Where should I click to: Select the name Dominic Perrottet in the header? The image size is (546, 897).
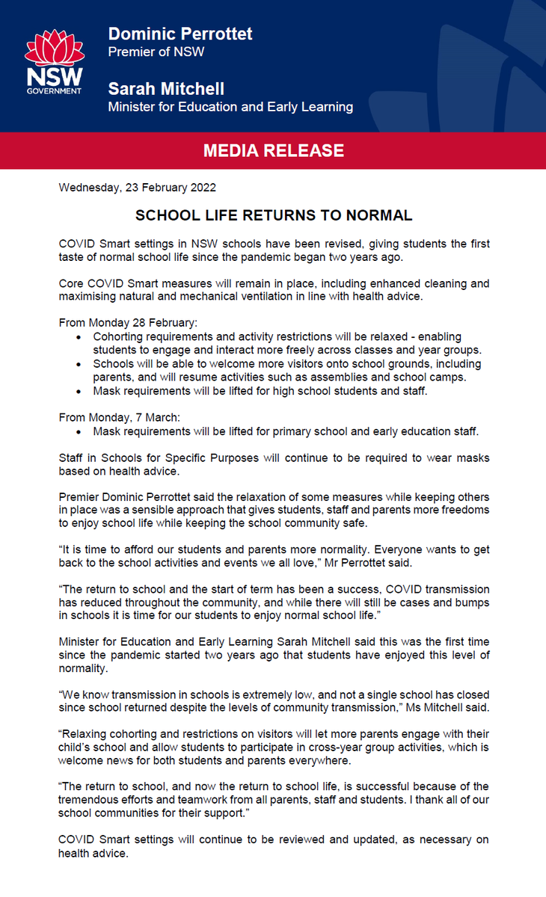180,34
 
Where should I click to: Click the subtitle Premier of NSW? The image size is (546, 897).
156,52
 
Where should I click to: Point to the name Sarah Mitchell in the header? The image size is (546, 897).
166,89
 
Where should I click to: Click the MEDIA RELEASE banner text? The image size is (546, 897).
273,151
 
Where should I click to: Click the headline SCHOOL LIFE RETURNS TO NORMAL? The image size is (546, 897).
273,216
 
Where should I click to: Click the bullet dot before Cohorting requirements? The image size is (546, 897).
81,337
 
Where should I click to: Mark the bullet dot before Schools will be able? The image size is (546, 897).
81,364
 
